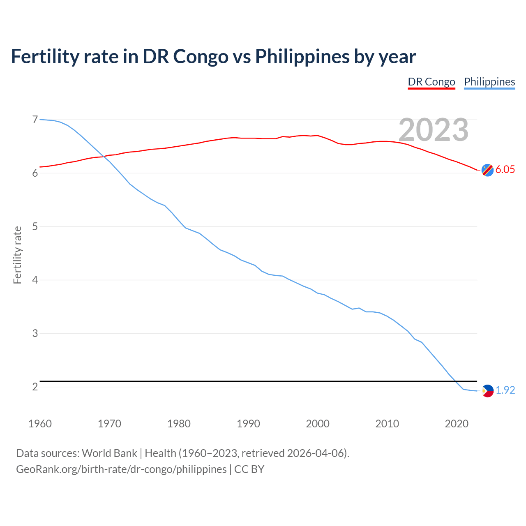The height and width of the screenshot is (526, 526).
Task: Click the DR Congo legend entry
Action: [x=431, y=82]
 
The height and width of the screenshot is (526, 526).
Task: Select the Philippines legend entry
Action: [x=489, y=82]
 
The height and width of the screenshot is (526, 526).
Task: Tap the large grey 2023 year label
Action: [x=434, y=130]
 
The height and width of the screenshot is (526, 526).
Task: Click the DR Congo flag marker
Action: [x=487, y=170]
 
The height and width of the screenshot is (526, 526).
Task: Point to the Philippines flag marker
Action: [x=487, y=391]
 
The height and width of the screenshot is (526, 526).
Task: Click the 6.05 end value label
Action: [x=505, y=170]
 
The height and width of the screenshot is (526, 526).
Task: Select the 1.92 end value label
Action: [x=505, y=390]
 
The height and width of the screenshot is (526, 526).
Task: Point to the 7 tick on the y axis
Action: [x=35, y=120]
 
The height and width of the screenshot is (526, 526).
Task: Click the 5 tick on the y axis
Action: [x=35, y=226]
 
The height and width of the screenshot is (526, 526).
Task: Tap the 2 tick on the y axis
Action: [x=35, y=387]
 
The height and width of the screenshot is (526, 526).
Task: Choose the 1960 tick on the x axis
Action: [x=40, y=424]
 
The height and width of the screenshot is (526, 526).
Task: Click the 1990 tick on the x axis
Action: [x=248, y=424]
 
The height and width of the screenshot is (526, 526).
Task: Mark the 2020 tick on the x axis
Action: [x=457, y=424]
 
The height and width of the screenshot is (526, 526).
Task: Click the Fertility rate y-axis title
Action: [x=17, y=255]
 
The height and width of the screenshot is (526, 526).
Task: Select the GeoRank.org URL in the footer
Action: [x=121, y=469]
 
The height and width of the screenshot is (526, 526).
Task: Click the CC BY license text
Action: [x=249, y=469]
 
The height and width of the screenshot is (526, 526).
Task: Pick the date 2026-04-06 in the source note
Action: [x=315, y=453]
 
